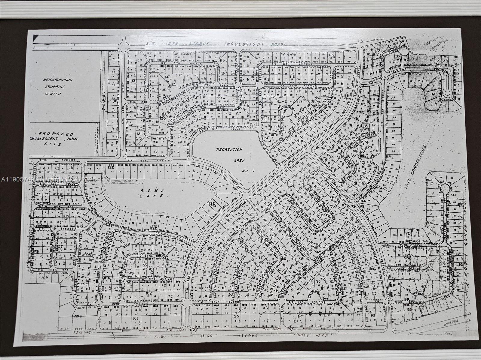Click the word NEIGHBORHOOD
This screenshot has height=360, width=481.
pos(57,80)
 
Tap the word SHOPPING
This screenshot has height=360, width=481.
pos(55,87)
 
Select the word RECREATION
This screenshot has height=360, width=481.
pos(229,149)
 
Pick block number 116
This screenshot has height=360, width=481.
pos(292,77)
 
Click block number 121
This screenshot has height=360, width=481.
pos(139,134)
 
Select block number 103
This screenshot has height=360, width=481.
pos(145,264)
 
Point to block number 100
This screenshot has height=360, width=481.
pos(235,316)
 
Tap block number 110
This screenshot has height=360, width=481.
pos(61,198)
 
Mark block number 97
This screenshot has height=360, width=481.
pos(261,257)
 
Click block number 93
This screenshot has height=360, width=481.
pos(373,315)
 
